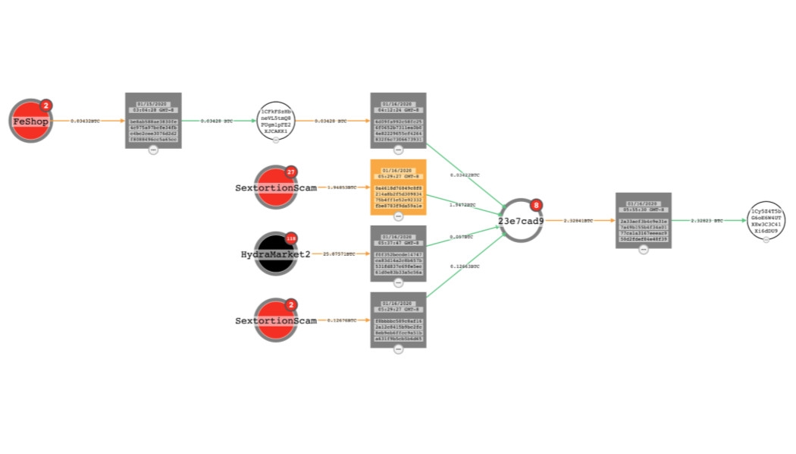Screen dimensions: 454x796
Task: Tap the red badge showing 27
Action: [x=290, y=172]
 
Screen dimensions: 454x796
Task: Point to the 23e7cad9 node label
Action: [x=521, y=221]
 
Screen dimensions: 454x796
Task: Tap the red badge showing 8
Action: [x=537, y=205]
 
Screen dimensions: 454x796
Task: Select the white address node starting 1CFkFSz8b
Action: [x=276, y=121]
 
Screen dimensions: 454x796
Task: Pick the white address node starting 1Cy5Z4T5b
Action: [x=766, y=221]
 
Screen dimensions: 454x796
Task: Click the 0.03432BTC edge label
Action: [x=85, y=121]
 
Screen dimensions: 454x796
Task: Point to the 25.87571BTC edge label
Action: [x=340, y=254]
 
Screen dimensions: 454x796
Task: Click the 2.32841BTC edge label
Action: [x=578, y=221]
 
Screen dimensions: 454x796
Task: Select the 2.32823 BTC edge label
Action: [x=708, y=221]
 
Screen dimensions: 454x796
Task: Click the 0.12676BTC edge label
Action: [x=340, y=320]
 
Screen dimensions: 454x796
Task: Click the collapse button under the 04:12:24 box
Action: [x=399, y=150]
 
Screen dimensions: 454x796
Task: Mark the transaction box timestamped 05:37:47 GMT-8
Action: [x=398, y=253]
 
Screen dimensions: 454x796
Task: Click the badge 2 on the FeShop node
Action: [x=45, y=106]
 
